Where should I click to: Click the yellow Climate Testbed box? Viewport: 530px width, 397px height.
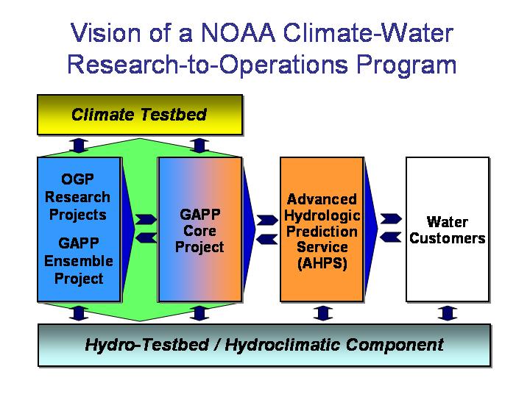click(x=140, y=115)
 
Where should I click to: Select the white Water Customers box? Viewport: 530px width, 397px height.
click(x=448, y=229)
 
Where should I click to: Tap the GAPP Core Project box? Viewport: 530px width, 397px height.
click(x=199, y=229)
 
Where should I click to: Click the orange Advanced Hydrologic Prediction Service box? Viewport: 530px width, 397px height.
click(x=322, y=229)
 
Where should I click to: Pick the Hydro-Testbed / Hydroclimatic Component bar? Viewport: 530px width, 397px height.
click(x=264, y=345)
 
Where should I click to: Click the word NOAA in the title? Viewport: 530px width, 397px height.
click(x=239, y=33)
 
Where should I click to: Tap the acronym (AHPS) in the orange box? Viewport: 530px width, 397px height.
click(x=322, y=263)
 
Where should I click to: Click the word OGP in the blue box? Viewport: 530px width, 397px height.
click(x=78, y=179)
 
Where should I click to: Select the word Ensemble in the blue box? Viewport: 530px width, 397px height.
click(x=79, y=261)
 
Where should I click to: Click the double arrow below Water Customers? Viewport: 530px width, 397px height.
click(x=448, y=313)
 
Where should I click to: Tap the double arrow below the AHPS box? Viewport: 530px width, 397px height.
click(x=323, y=313)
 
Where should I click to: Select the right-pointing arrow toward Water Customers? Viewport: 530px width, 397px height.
click(x=391, y=219)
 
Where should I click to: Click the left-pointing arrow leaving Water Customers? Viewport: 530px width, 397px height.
click(x=390, y=237)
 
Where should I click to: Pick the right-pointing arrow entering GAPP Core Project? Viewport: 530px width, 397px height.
click(x=146, y=219)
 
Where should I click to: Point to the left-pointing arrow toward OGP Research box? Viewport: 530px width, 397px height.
click(x=146, y=238)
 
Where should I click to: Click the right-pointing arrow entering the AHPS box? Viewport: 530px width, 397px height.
click(x=267, y=220)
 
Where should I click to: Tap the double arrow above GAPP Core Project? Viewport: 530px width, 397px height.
click(x=199, y=146)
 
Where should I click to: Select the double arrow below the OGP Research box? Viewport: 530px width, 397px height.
click(x=79, y=313)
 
